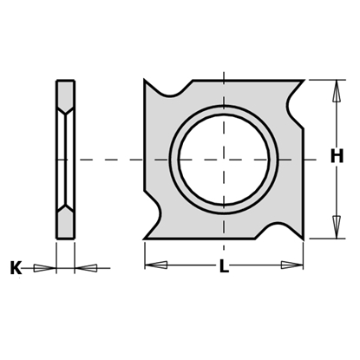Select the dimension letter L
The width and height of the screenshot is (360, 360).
(x=223, y=267)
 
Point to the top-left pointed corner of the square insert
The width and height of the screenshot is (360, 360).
(x=144, y=81)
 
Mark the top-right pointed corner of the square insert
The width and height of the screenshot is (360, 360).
(x=304, y=82)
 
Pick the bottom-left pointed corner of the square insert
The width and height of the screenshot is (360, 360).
(x=144, y=239)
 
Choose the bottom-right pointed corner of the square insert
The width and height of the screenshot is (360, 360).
(x=304, y=239)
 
